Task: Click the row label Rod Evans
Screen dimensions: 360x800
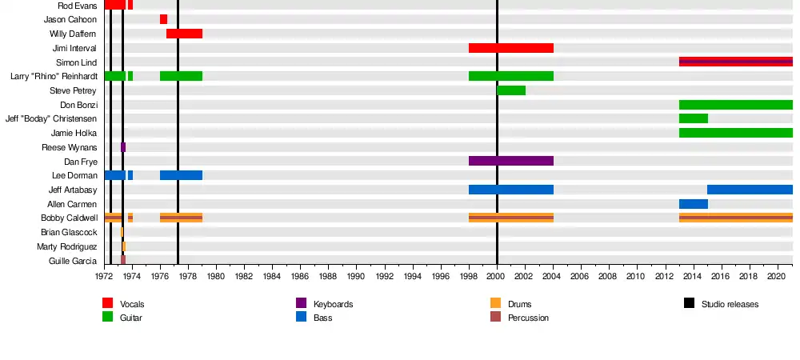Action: (x=77, y=5)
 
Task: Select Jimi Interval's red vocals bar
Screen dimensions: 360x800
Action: (x=510, y=48)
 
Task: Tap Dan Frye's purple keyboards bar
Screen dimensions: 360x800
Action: (x=510, y=161)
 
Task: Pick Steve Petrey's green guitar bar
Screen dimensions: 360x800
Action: (x=511, y=90)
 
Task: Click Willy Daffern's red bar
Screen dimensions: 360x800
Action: (x=184, y=34)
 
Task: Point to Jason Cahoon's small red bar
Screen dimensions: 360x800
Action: (x=163, y=19)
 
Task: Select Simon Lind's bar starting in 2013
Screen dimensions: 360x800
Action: (x=735, y=62)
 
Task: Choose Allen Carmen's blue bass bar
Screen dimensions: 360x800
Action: (x=693, y=204)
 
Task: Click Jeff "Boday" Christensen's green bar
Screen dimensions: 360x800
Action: (x=693, y=118)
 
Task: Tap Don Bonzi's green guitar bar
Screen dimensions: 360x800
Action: (x=735, y=105)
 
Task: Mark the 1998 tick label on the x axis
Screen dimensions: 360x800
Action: (x=469, y=276)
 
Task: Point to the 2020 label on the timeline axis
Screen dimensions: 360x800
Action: (x=776, y=276)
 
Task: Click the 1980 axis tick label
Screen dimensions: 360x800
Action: (x=215, y=276)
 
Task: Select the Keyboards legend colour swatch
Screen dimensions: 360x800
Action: (x=302, y=304)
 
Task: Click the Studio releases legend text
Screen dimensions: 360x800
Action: (x=730, y=304)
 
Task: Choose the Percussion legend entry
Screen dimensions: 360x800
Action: (x=529, y=318)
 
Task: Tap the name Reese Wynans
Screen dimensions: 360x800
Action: (x=69, y=147)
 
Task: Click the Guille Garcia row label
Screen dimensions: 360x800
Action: (x=73, y=261)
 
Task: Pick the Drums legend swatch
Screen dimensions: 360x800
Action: (x=495, y=304)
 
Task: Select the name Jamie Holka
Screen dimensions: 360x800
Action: (x=74, y=133)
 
